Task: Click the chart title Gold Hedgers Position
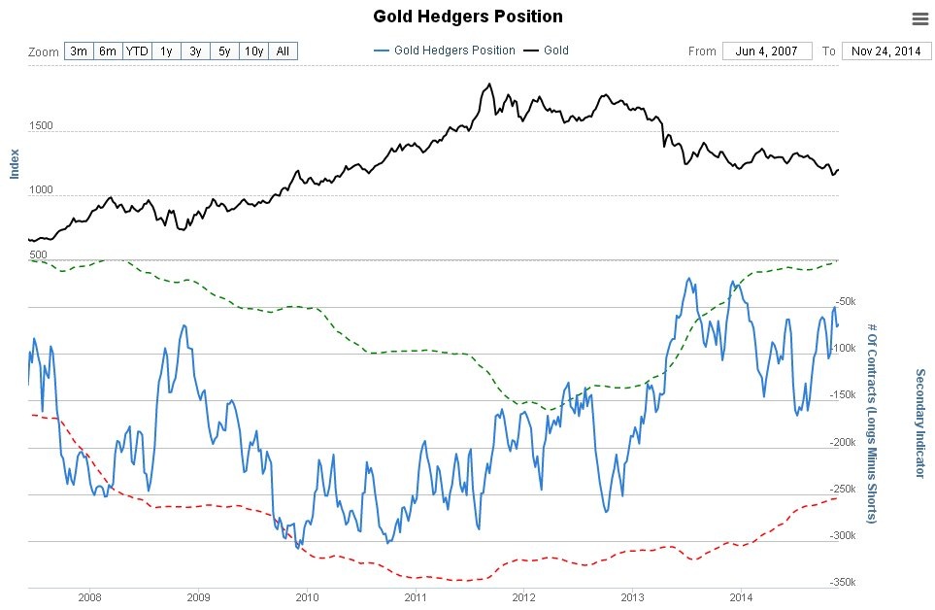468,17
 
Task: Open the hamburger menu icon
920,18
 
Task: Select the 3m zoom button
79,51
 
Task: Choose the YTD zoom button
137,51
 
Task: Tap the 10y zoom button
253,51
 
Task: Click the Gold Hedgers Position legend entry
444,51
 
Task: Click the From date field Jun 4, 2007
766,51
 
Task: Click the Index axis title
15,163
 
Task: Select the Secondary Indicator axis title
920,423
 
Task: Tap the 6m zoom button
108,51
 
